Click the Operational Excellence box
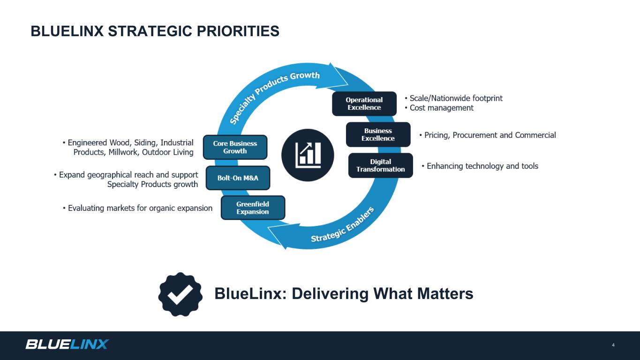click(364, 104)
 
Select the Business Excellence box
click(378, 135)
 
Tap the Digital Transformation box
click(381, 165)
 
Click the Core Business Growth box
click(235, 147)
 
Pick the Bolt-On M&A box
click(238, 178)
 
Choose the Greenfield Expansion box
click(253, 208)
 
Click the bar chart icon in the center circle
click(308, 155)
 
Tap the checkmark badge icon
click(181, 294)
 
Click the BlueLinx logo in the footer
click(67, 344)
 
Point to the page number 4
click(613, 345)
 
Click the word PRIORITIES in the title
click(238, 31)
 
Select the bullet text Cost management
click(441, 108)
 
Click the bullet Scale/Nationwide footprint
click(456, 98)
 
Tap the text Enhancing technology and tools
click(482, 166)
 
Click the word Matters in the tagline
click(445, 294)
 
